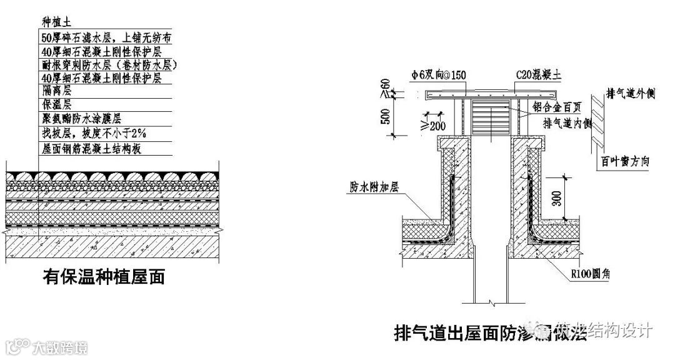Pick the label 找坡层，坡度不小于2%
coord(93,133)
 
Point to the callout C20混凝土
coord(538,75)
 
